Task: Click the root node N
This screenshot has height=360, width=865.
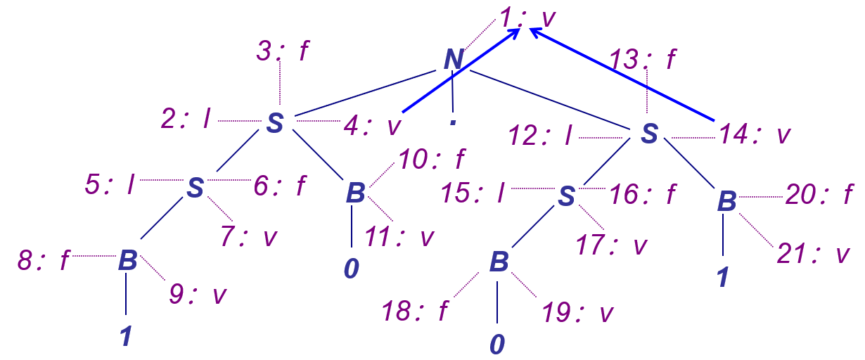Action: point(454,60)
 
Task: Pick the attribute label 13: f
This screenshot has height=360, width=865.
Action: point(643,60)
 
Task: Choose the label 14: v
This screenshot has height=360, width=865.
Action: point(751,135)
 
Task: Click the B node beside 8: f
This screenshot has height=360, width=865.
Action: point(127,261)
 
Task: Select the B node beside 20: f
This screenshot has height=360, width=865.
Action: point(726,201)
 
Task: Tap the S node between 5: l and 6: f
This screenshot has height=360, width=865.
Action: point(196,187)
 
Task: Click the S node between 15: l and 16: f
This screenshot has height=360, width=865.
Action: point(566,197)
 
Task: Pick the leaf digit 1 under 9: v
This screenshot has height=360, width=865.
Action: point(126,337)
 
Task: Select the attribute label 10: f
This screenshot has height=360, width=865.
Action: point(432,160)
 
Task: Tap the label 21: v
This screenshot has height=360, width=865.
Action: point(812,255)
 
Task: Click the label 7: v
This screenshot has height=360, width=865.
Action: point(248,238)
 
